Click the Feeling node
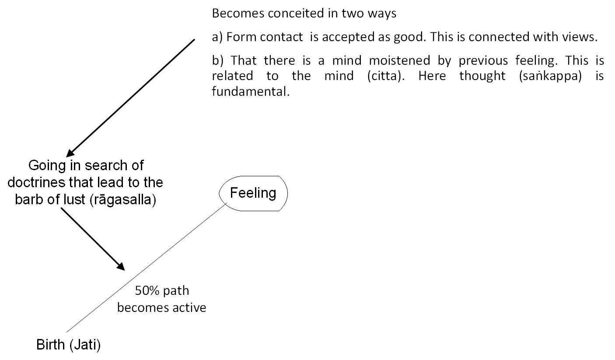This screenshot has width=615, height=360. click(253, 193)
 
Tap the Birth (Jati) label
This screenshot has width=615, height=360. click(68, 345)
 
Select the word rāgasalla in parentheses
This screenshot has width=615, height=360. click(123, 200)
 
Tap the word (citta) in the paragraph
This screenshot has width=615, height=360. click(386, 76)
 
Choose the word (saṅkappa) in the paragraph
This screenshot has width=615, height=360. click(550, 76)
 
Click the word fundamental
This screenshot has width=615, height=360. click(251, 91)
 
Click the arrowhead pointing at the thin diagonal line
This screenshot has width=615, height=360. click(121, 266)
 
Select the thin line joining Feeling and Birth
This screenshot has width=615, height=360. click(147, 267)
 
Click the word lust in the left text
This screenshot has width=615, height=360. click(74, 199)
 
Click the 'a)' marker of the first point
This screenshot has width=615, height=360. click(217, 37)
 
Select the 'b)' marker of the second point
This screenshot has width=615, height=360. click(217, 61)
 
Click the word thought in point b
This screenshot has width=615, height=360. click(482, 76)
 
